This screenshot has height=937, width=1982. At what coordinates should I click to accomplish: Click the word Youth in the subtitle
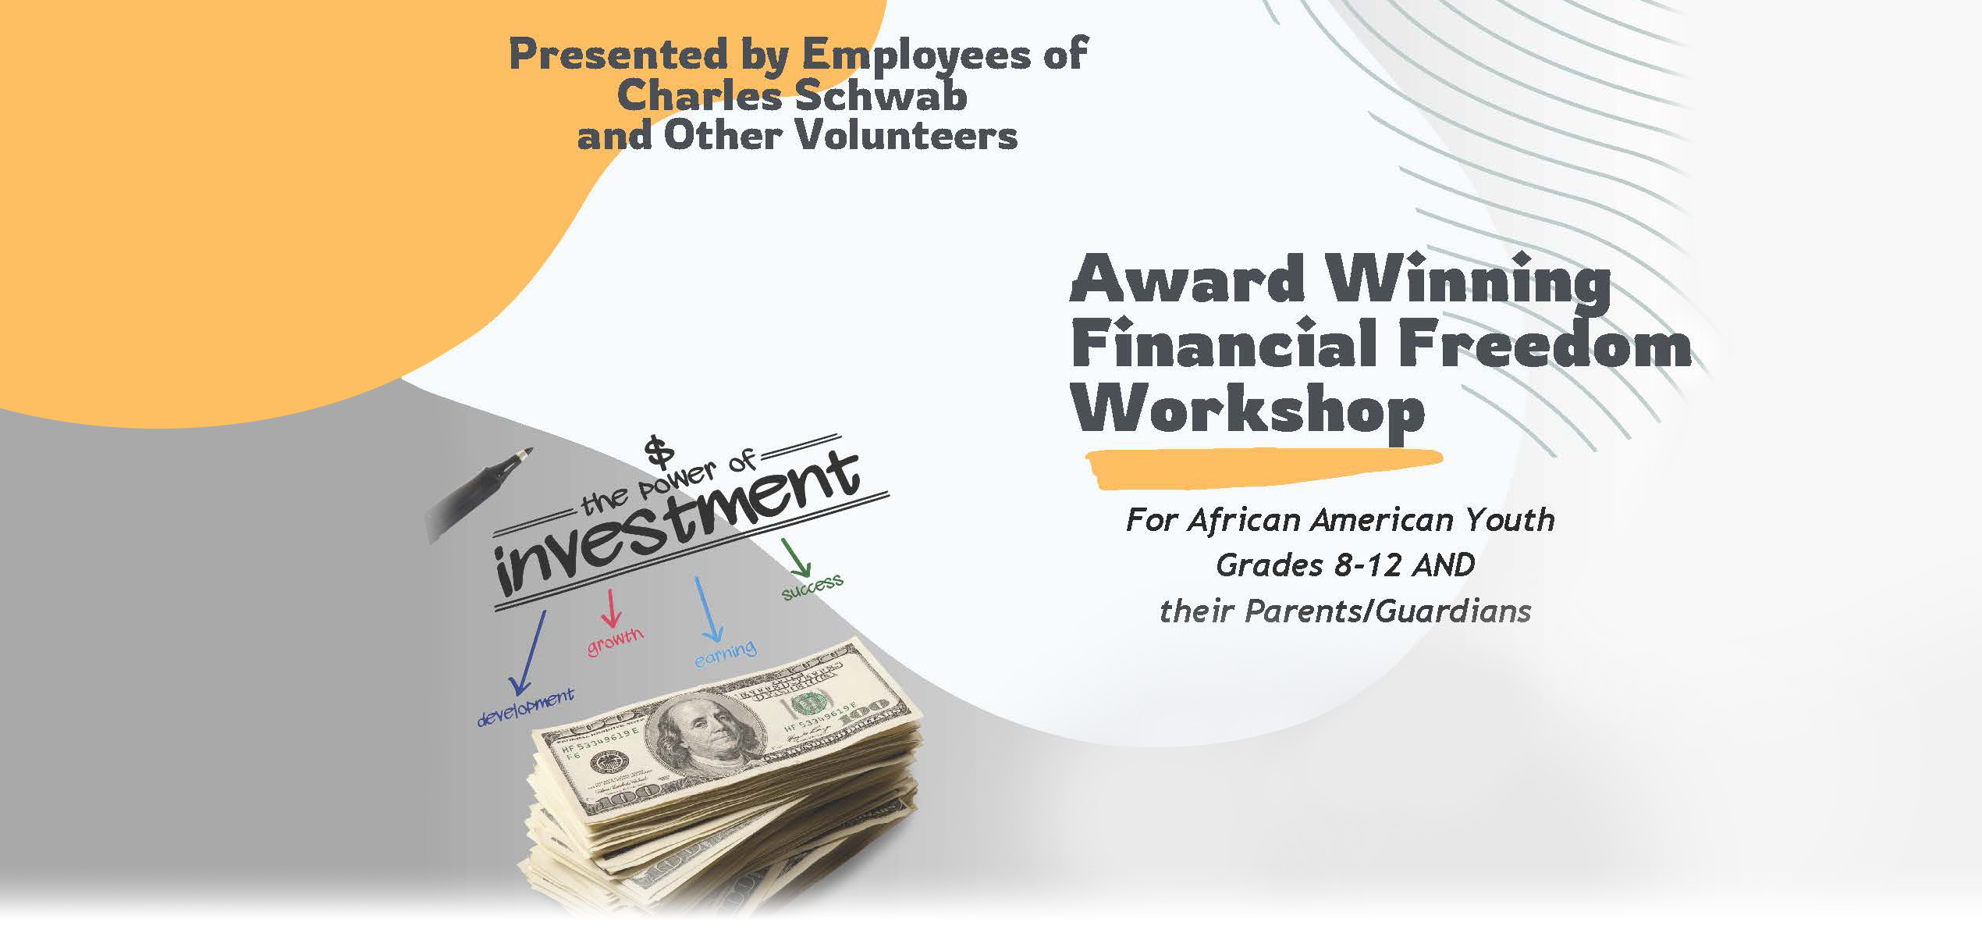click(1510, 520)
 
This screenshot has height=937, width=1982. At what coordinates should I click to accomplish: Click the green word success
click(812, 586)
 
